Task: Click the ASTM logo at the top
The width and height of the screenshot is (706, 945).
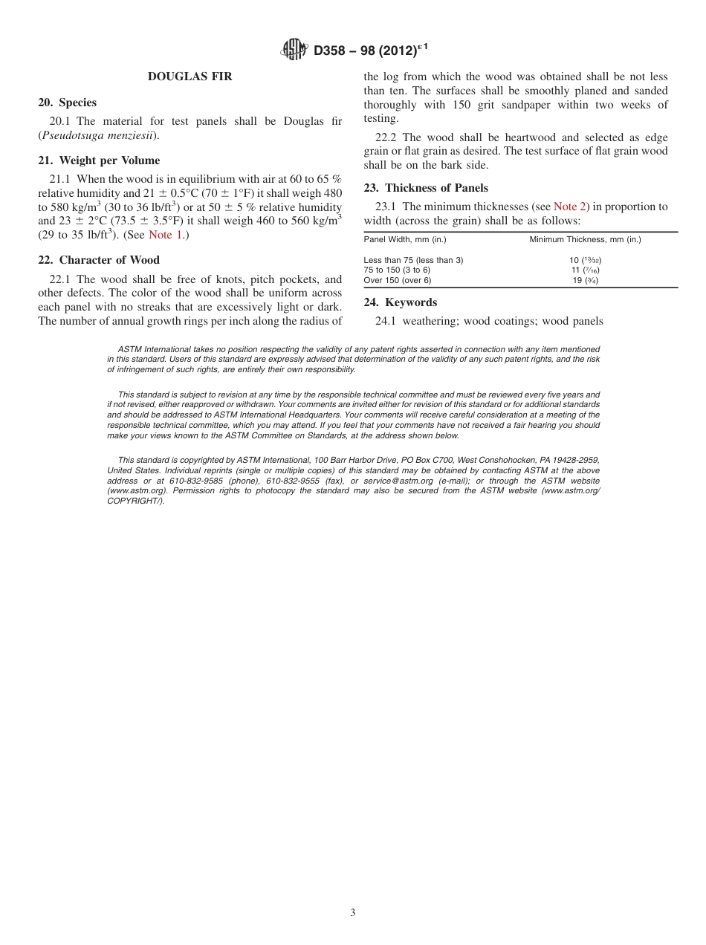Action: pos(294,51)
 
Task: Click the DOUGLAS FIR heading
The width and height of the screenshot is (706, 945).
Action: pos(190,77)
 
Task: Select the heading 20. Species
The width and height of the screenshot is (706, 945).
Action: pos(68,103)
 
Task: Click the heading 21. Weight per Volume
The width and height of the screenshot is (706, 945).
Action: pos(99,160)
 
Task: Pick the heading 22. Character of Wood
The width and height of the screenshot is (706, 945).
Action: pos(99,260)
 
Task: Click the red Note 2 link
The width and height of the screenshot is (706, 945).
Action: pos(570,207)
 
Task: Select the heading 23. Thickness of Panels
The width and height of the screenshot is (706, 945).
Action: pos(426,188)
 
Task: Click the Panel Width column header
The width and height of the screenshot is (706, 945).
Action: pos(405,239)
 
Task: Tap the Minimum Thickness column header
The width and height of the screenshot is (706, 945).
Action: pos(585,239)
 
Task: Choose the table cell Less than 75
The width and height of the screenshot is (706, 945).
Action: pos(413,260)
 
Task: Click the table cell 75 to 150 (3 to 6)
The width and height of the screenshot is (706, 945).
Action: pos(397,270)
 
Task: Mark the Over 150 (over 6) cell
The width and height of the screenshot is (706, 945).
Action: pos(397,280)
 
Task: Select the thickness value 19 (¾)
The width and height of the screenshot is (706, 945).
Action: pos(585,280)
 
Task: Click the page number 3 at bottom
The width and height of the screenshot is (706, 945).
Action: pos(353,912)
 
